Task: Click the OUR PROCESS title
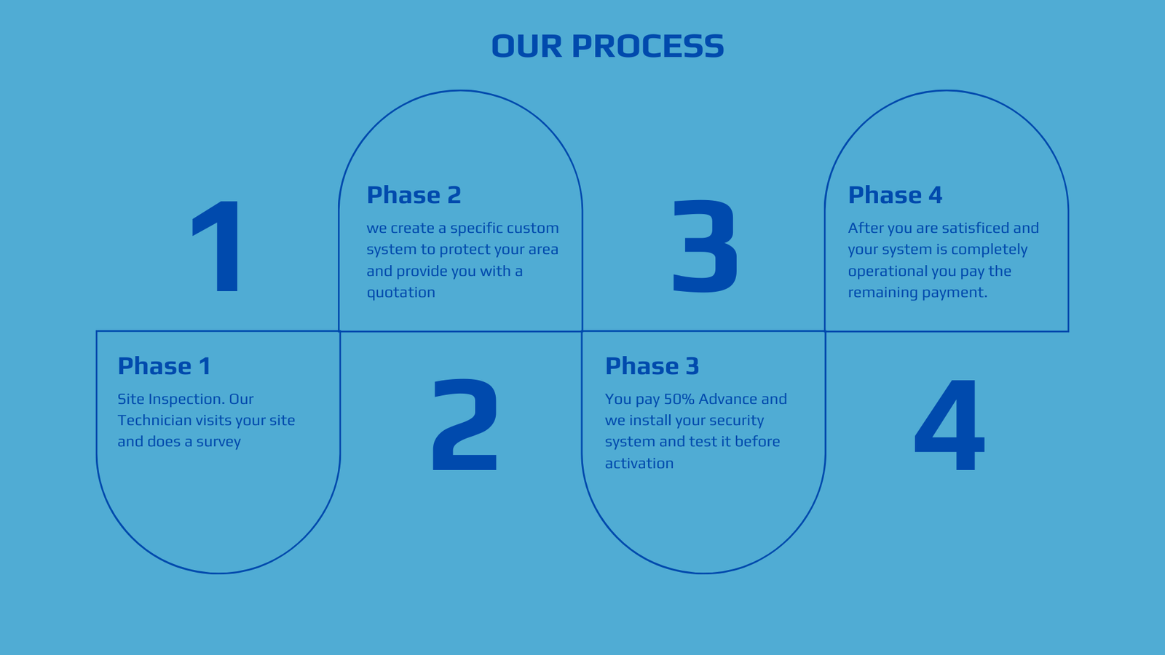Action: (607, 46)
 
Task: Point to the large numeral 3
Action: (705, 247)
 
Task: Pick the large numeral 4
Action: (949, 425)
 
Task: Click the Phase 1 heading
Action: (164, 366)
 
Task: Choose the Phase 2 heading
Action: (414, 196)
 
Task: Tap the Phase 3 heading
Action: (652, 366)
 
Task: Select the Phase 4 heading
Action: (895, 196)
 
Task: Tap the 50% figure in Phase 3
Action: (679, 400)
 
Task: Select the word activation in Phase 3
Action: (639, 463)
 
